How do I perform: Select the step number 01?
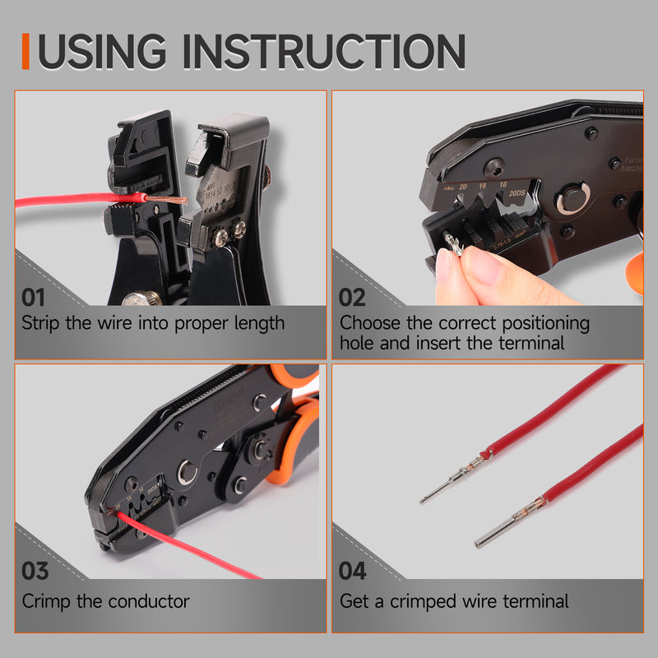(35, 296)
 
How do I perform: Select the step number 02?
(352, 296)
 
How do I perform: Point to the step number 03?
(35, 571)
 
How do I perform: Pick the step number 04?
(353, 571)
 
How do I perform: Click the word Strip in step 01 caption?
(40, 322)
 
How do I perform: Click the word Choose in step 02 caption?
(370, 322)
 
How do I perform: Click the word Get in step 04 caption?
(355, 601)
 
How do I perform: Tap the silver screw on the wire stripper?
(220, 239)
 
